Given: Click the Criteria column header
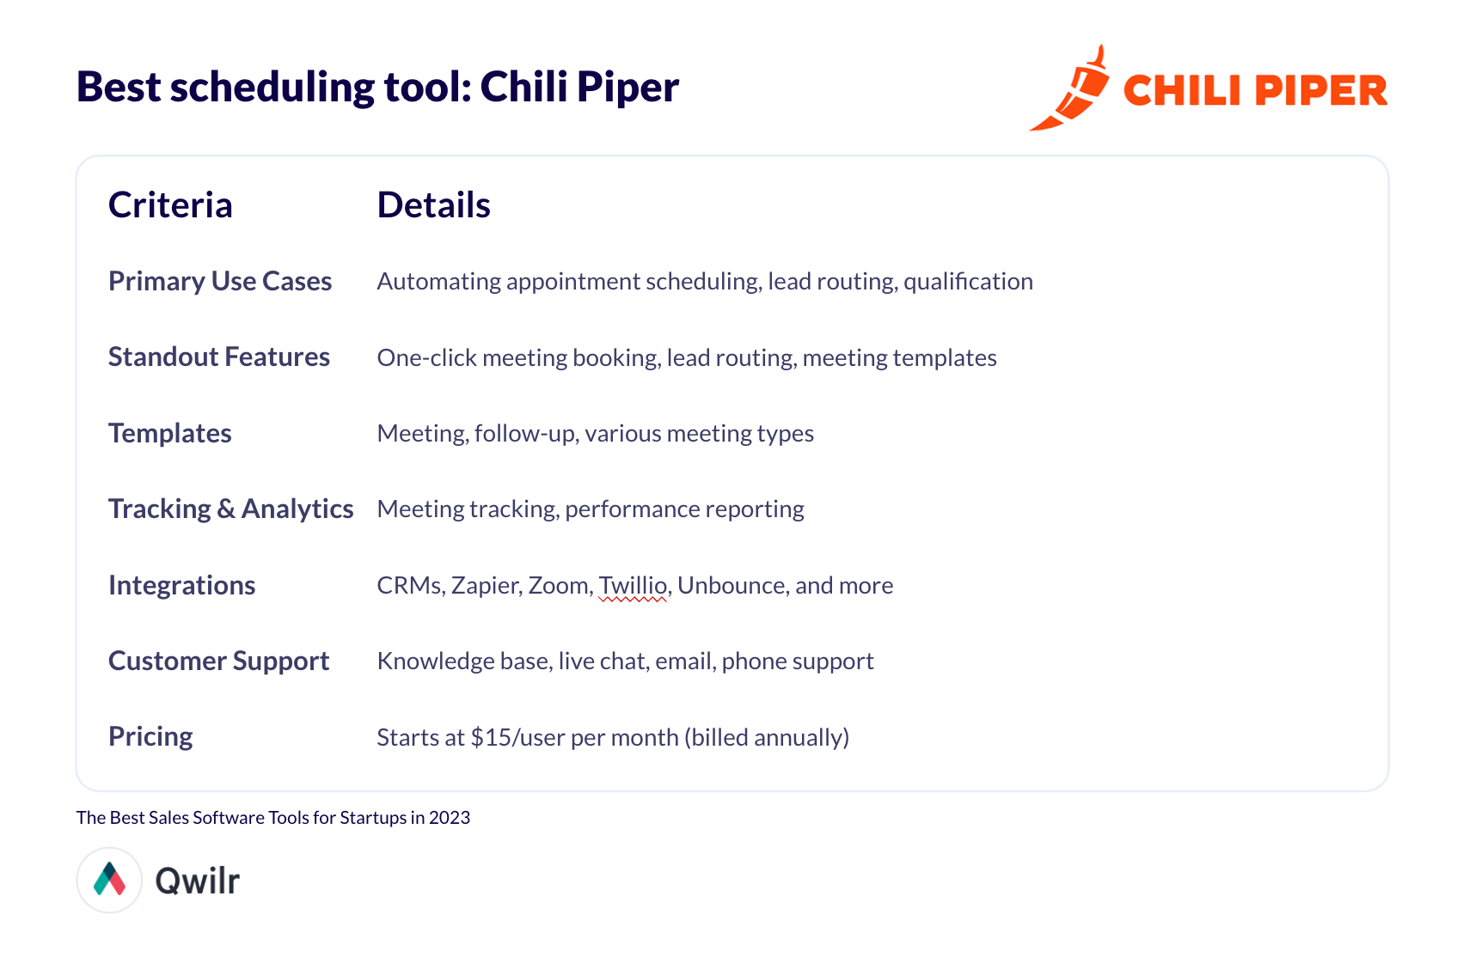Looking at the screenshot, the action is coord(170,205).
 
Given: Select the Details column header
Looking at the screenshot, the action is coord(433,205).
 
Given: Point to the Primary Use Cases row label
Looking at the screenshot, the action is coord(220,282).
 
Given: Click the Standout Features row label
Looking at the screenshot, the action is coord(219,357).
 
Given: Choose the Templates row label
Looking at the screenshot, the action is coord(170,434).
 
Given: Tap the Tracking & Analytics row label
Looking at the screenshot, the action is coord(230,509).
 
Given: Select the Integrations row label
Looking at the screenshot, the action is coord(181,586).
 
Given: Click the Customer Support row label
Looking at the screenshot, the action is coord(218,661).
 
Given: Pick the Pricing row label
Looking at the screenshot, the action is coord(150,737).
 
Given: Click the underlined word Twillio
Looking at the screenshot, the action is coord(634,586).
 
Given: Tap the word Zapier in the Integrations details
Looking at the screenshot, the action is coord(487,586).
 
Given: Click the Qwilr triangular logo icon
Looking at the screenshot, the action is coord(109,879).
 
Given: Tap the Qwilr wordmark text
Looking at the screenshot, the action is coord(197,881).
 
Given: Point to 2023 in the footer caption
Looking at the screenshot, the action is coord(450,818).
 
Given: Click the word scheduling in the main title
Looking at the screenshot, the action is coord(272,88).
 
